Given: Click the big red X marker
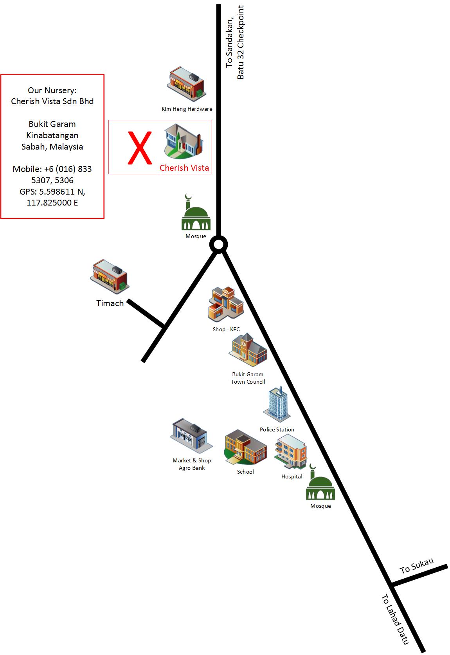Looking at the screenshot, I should click(140, 148).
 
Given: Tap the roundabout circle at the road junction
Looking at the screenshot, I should click(218, 245).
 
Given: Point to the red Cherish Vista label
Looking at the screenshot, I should click(184, 168).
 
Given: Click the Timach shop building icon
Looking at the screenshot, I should click(110, 275).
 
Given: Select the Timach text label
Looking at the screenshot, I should click(110, 303).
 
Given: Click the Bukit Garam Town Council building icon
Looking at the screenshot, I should click(248, 349).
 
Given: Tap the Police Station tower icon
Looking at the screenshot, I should click(277, 403).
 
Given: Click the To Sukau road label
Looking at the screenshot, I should click(416, 566).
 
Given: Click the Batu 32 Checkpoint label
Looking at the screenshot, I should click(240, 42).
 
